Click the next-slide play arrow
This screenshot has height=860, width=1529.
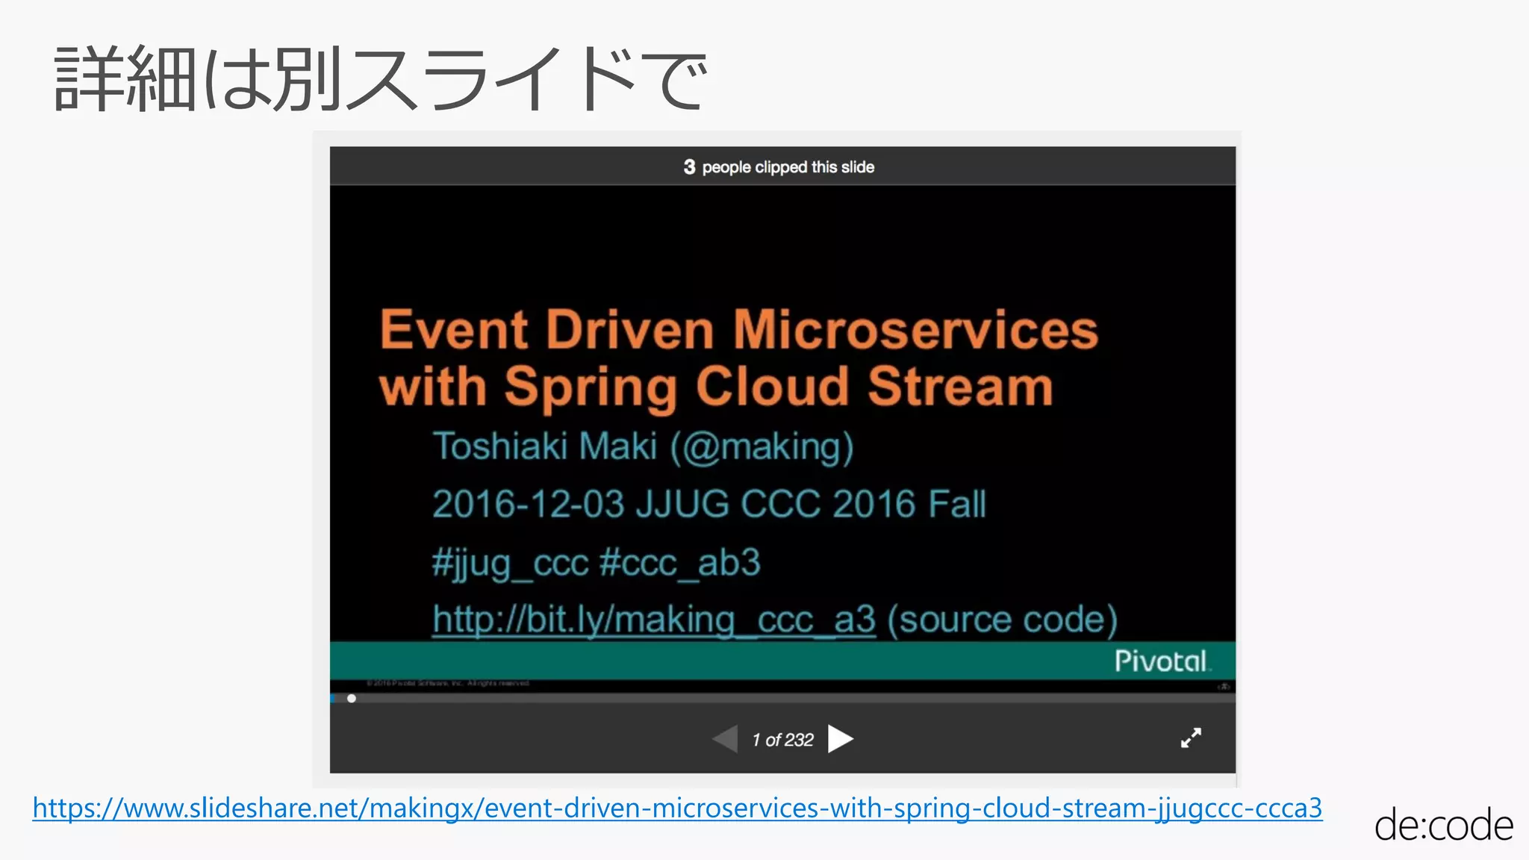840,739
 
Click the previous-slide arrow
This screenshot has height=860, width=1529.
726,739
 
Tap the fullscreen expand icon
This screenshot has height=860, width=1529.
1191,738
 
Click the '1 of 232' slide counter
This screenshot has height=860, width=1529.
782,740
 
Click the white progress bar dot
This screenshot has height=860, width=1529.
352,699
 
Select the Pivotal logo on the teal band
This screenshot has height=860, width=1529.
1160,661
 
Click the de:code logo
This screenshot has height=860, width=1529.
1442,826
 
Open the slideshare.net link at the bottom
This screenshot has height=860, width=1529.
677,808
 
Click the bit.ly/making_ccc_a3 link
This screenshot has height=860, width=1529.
653,620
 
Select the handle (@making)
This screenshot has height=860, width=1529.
762,446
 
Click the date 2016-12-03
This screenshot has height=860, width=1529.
528,504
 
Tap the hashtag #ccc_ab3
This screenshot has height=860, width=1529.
679,562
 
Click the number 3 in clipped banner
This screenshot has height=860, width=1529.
689,167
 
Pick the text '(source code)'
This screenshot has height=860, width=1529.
1002,620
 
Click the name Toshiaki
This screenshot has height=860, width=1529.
500,446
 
